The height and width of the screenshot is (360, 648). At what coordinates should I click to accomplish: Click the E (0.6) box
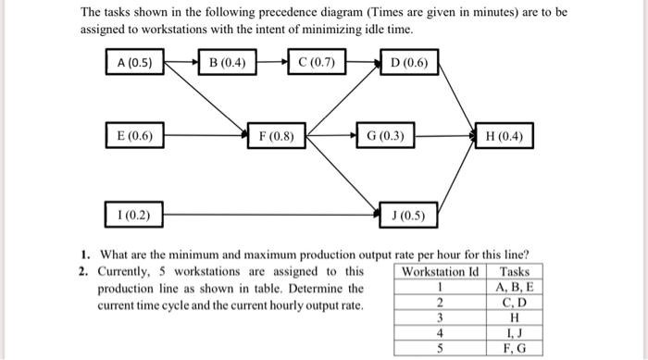click(135, 136)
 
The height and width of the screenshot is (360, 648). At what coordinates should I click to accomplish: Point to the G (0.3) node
click(385, 137)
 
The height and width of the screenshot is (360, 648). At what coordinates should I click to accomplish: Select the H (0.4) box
click(504, 137)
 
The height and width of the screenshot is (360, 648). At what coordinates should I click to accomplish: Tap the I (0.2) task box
click(135, 217)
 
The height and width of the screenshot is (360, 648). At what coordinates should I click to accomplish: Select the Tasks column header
click(515, 272)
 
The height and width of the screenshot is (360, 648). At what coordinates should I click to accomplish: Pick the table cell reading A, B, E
click(515, 287)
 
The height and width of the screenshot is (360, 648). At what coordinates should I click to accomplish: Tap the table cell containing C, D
click(515, 303)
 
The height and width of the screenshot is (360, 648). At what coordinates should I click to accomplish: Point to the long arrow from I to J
click(268, 217)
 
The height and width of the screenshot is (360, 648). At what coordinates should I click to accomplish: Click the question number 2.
click(83, 272)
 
